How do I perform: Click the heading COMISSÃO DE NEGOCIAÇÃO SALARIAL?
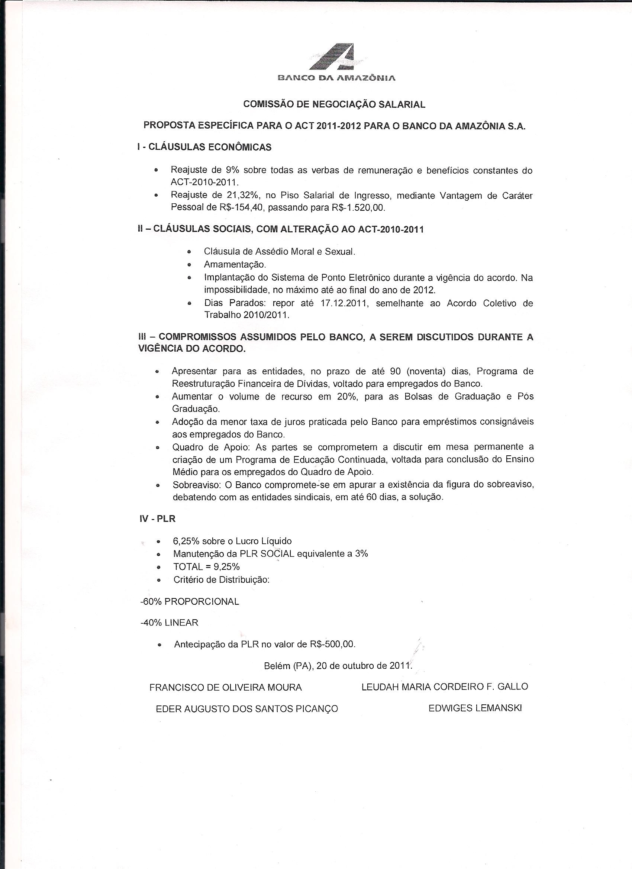[335, 104]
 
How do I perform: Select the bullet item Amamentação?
[235, 264]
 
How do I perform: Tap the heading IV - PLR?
[157, 519]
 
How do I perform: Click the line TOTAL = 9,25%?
[206, 566]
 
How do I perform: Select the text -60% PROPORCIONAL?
[190, 601]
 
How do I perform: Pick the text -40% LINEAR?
[170, 623]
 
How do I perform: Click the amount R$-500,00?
[332, 644]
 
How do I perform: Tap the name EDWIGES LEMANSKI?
[475, 708]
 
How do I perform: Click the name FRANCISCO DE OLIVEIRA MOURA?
[225, 687]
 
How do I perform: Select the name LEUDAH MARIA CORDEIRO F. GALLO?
[445, 687]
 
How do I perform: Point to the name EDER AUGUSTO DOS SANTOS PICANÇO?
[247, 709]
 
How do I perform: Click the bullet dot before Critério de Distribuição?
[159, 580]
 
